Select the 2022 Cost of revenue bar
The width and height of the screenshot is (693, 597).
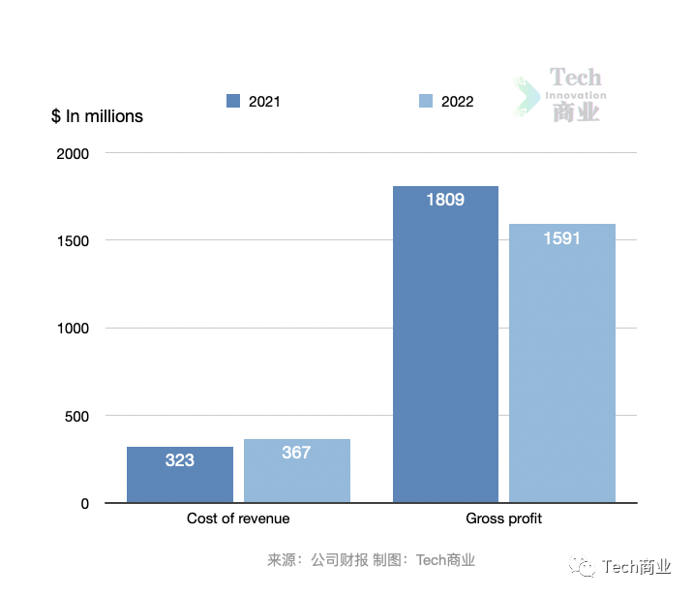pos(297,471)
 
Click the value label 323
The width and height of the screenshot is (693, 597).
pos(180,460)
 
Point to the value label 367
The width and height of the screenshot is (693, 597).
pos(296,453)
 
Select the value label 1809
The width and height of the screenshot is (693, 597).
pos(445,201)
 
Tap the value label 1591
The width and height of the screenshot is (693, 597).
pos(561,238)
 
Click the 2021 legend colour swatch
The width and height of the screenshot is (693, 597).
pos(233,101)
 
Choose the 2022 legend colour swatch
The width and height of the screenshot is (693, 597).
pos(426,101)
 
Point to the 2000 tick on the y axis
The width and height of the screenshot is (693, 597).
pos(72,153)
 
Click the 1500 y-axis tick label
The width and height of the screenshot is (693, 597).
pos(72,240)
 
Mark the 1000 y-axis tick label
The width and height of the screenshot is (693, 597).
pos(72,329)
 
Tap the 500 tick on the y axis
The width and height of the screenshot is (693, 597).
pos(77,417)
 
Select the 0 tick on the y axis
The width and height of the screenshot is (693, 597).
pos(85,504)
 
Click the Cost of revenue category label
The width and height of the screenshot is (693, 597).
pos(238,518)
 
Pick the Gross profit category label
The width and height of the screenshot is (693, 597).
pos(504,518)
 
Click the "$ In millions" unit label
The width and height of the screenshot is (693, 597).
pos(97,116)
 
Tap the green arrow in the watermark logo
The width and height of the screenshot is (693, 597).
pos(528,98)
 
